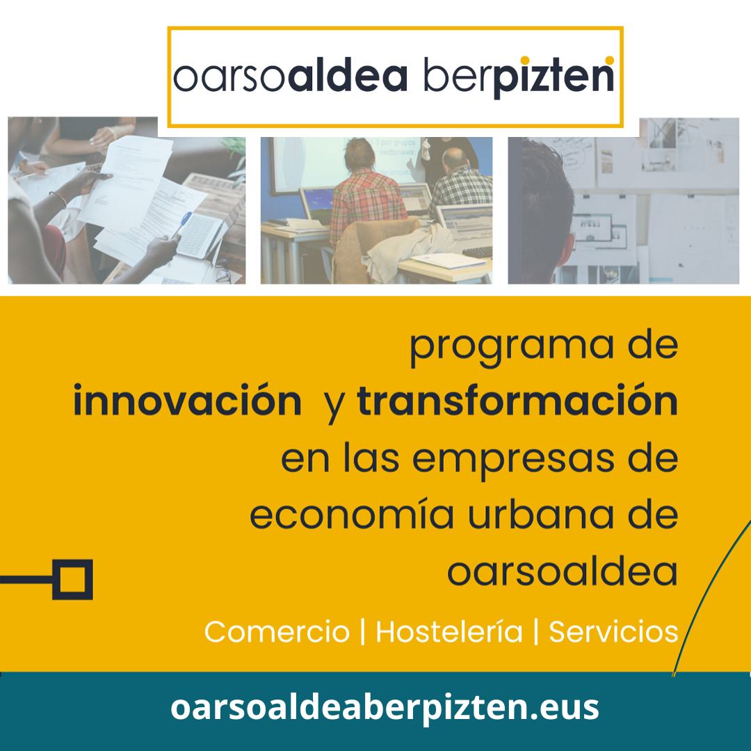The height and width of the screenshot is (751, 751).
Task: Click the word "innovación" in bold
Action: (x=187, y=401)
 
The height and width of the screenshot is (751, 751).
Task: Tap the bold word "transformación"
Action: (x=517, y=401)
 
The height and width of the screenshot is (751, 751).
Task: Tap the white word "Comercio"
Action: (x=277, y=631)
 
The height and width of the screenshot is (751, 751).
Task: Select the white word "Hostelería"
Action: (x=449, y=631)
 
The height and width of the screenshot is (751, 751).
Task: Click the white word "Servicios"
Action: (x=613, y=631)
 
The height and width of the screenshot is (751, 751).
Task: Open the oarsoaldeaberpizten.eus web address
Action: (x=385, y=708)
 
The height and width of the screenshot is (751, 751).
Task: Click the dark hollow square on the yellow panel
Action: (x=72, y=579)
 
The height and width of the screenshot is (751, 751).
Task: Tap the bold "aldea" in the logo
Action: (x=348, y=74)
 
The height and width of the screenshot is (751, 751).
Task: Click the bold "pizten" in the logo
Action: (x=554, y=76)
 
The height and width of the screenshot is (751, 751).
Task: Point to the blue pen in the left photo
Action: (x=182, y=224)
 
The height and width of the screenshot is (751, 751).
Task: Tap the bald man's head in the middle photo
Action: (x=455, y=159)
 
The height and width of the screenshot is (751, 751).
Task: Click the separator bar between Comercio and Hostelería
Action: (x=363, y=631)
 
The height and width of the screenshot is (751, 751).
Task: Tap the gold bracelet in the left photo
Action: (x=58, y=198)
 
